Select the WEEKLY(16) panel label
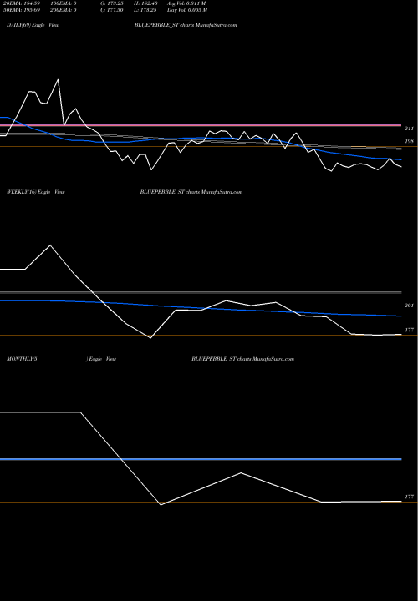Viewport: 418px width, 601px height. click(18, 192)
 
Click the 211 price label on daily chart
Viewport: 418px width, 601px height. click(409, 129)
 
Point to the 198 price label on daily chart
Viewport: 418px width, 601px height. click(409, 142)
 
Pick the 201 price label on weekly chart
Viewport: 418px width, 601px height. click(409, 307)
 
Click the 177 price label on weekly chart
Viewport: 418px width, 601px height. click(409, 331)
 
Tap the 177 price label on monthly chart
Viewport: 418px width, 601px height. click(409, 497)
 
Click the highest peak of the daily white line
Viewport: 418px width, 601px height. click(58, 80)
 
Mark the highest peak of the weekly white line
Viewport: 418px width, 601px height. click(50, 245)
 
